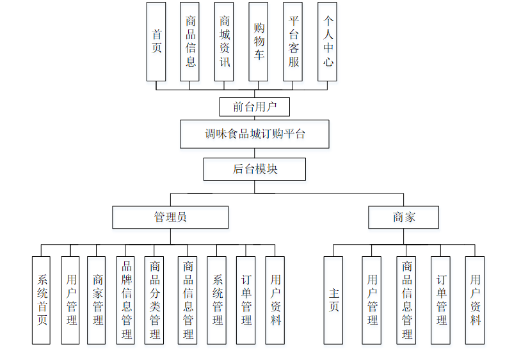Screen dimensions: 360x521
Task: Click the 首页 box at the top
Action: coord(156,41)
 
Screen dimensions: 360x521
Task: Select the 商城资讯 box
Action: coord(224,41)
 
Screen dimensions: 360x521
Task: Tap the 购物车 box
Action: coord(259,41)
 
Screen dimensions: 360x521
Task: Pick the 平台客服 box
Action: coord(293,41)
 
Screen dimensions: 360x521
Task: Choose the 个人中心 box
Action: coord(328,41)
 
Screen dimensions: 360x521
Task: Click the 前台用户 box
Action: coord(254,106)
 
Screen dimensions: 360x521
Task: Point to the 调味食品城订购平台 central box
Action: coord(254,134)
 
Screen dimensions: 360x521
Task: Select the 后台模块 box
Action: coord(254,169)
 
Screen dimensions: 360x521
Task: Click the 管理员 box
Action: coord(170,217)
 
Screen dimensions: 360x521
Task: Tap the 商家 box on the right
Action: coord(404,217)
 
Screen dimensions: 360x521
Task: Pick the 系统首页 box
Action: coord(41,300)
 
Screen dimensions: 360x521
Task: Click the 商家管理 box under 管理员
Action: coord(97,300)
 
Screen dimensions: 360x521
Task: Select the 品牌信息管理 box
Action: coord(126,300)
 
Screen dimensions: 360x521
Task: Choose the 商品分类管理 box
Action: coord(155,300)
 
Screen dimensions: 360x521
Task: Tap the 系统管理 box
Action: coord(217,300)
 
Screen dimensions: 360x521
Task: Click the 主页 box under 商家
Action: coord(333,300)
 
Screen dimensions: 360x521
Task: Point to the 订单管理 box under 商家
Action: coord(441,300)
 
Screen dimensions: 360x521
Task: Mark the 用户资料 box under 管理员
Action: coord(275,300)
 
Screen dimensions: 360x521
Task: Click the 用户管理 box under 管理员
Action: coord(70,300)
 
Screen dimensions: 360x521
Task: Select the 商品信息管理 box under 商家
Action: coord(406,300)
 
